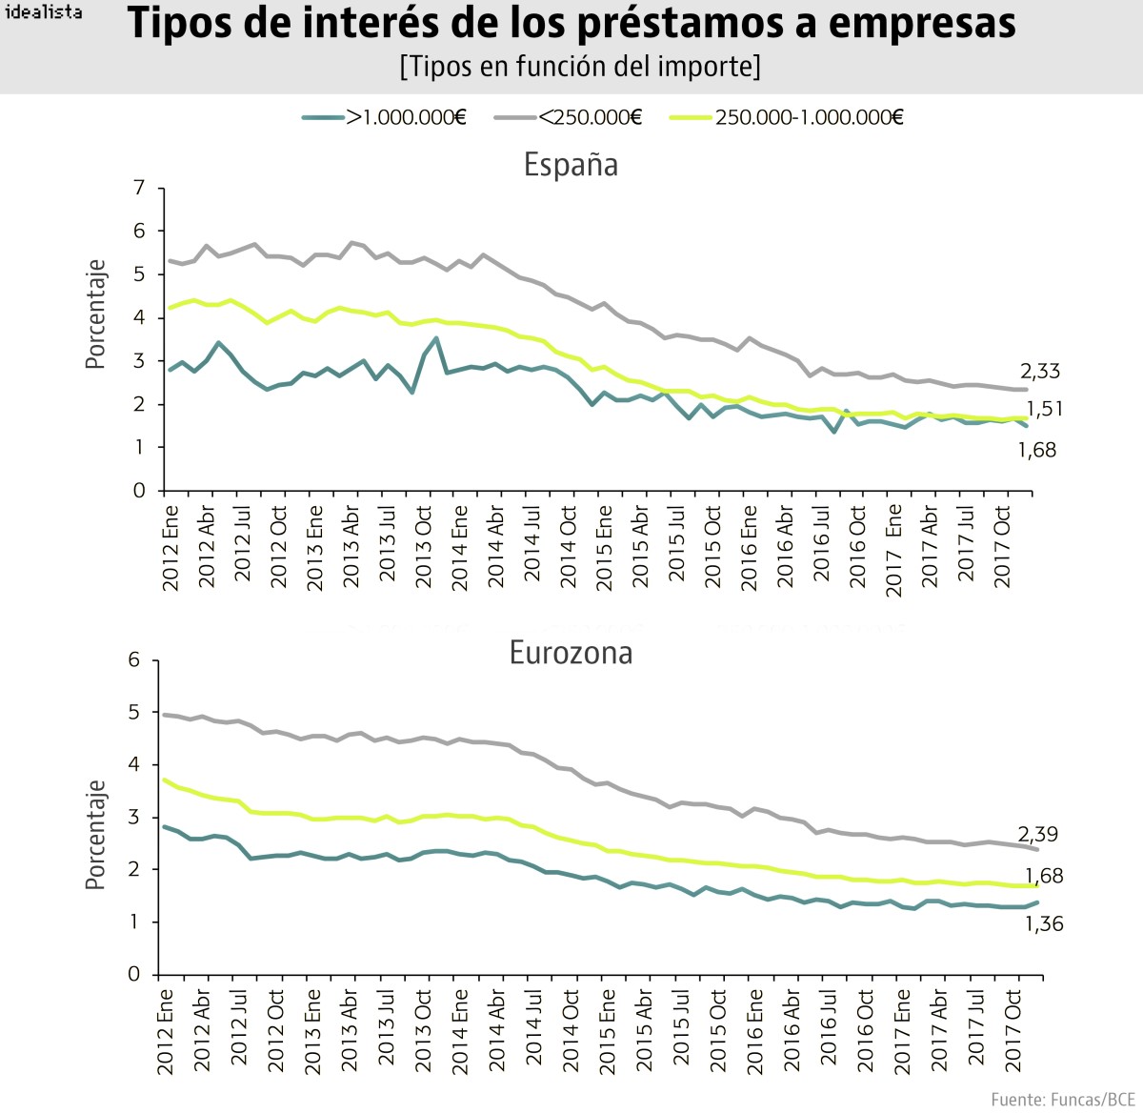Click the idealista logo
[44, 12]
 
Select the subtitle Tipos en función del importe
[580, 66]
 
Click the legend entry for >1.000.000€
[385, 117]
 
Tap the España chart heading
[571, 165]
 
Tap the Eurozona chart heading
[571, 653]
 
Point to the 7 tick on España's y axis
[140, 188]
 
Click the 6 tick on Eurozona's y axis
[134, 660]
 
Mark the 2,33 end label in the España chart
[1039, 372]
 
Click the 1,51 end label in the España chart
[1044, 409]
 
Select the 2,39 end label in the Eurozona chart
[1037, 835]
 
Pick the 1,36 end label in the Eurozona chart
[1044, 923]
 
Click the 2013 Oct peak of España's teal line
[436, 338]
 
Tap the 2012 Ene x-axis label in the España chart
[171, 548]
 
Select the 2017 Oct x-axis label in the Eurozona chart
[1013, 1030]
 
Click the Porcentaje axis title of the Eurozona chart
[95, 835]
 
